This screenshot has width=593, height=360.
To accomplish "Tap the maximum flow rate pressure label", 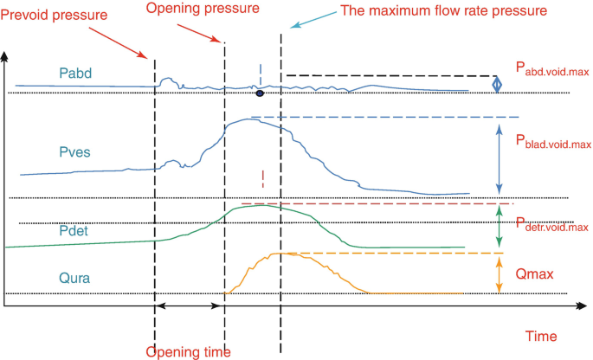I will pos(444,10).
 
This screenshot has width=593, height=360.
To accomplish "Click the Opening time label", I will pos(188,351).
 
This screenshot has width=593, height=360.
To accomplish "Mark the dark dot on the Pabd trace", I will pos(259,93).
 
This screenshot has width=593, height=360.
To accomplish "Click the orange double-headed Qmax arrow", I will pos(500,273).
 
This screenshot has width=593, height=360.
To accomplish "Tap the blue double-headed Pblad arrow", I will pos(500,157).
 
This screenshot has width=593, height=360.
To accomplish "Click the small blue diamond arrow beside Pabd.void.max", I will pos(497,84).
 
